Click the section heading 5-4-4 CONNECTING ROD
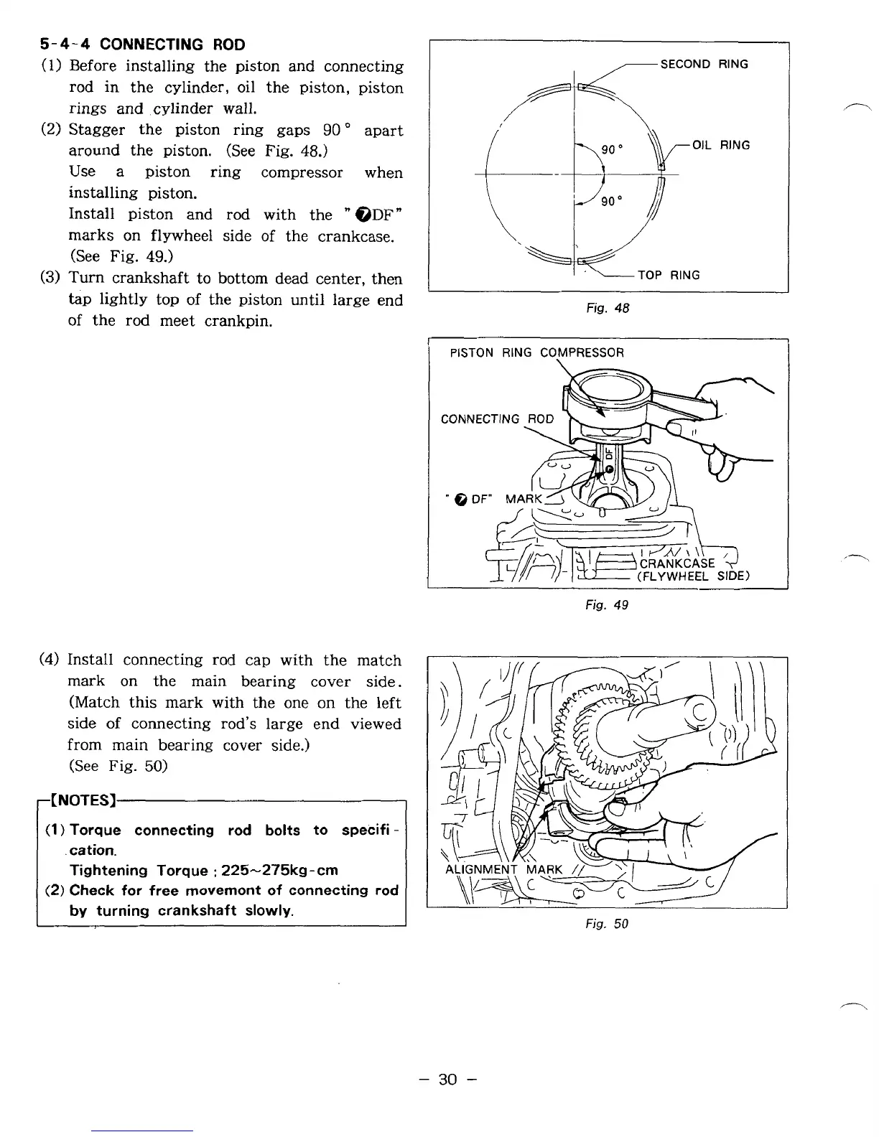142,45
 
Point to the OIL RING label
721,145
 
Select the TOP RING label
669,275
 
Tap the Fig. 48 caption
608,309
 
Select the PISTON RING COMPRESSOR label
536,352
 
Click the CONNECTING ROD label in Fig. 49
497,418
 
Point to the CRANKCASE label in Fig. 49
677,563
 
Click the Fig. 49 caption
607,605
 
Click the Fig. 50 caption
607,924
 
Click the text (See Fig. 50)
118,766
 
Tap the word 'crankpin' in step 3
237,321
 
